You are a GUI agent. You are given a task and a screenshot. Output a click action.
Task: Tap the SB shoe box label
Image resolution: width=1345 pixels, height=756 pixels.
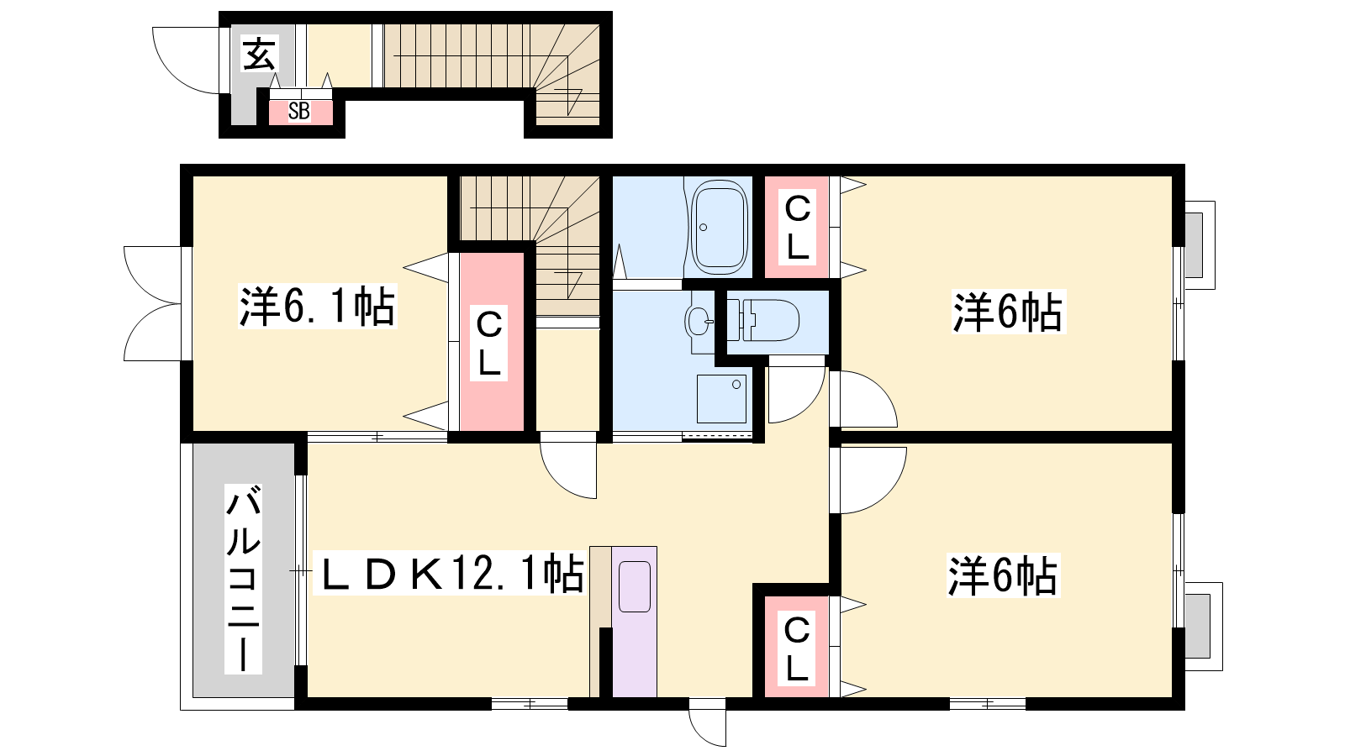299,111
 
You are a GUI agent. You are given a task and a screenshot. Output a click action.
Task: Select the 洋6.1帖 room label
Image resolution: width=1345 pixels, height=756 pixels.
317,306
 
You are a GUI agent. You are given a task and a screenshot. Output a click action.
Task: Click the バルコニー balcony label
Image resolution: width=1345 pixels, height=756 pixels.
243,579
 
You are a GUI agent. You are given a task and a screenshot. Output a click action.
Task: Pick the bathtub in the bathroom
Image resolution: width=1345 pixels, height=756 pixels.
720,228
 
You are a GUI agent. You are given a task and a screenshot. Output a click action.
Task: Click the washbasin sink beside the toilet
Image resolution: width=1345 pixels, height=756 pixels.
697,322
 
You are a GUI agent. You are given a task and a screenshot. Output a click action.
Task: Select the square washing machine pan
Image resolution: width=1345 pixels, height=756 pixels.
721,399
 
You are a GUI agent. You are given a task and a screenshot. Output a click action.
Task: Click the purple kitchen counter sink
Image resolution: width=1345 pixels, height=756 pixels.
634,587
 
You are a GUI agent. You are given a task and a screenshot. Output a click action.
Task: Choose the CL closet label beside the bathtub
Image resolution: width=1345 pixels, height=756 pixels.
798,228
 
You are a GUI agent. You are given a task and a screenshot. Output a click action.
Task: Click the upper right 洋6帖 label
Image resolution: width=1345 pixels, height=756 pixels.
1007,312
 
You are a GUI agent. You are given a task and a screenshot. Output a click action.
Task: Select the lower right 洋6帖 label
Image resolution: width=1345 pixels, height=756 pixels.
1002,575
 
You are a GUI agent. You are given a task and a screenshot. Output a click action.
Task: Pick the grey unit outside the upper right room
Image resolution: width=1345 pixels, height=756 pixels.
1193,244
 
